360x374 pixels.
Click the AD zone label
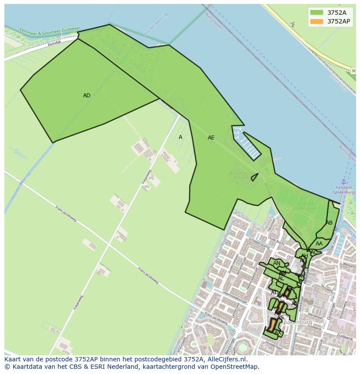tap(87, 96)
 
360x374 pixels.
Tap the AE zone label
tap(211, 138)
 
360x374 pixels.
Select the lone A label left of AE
tap(180, 137)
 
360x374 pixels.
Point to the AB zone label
tap(329, 223)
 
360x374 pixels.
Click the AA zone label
tap(319, 244)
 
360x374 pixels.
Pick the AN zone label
tap(277, 263)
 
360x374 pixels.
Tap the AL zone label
tap(281, 278)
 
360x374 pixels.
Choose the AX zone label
tap(278, 333)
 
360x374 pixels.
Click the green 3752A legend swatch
tap(317, 13)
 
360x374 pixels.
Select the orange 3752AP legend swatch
tap(317, 21)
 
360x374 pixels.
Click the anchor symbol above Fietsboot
tap(343, 182)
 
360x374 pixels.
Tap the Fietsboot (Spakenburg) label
tap(343, 190)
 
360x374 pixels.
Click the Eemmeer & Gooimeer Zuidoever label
tap(50, 31)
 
